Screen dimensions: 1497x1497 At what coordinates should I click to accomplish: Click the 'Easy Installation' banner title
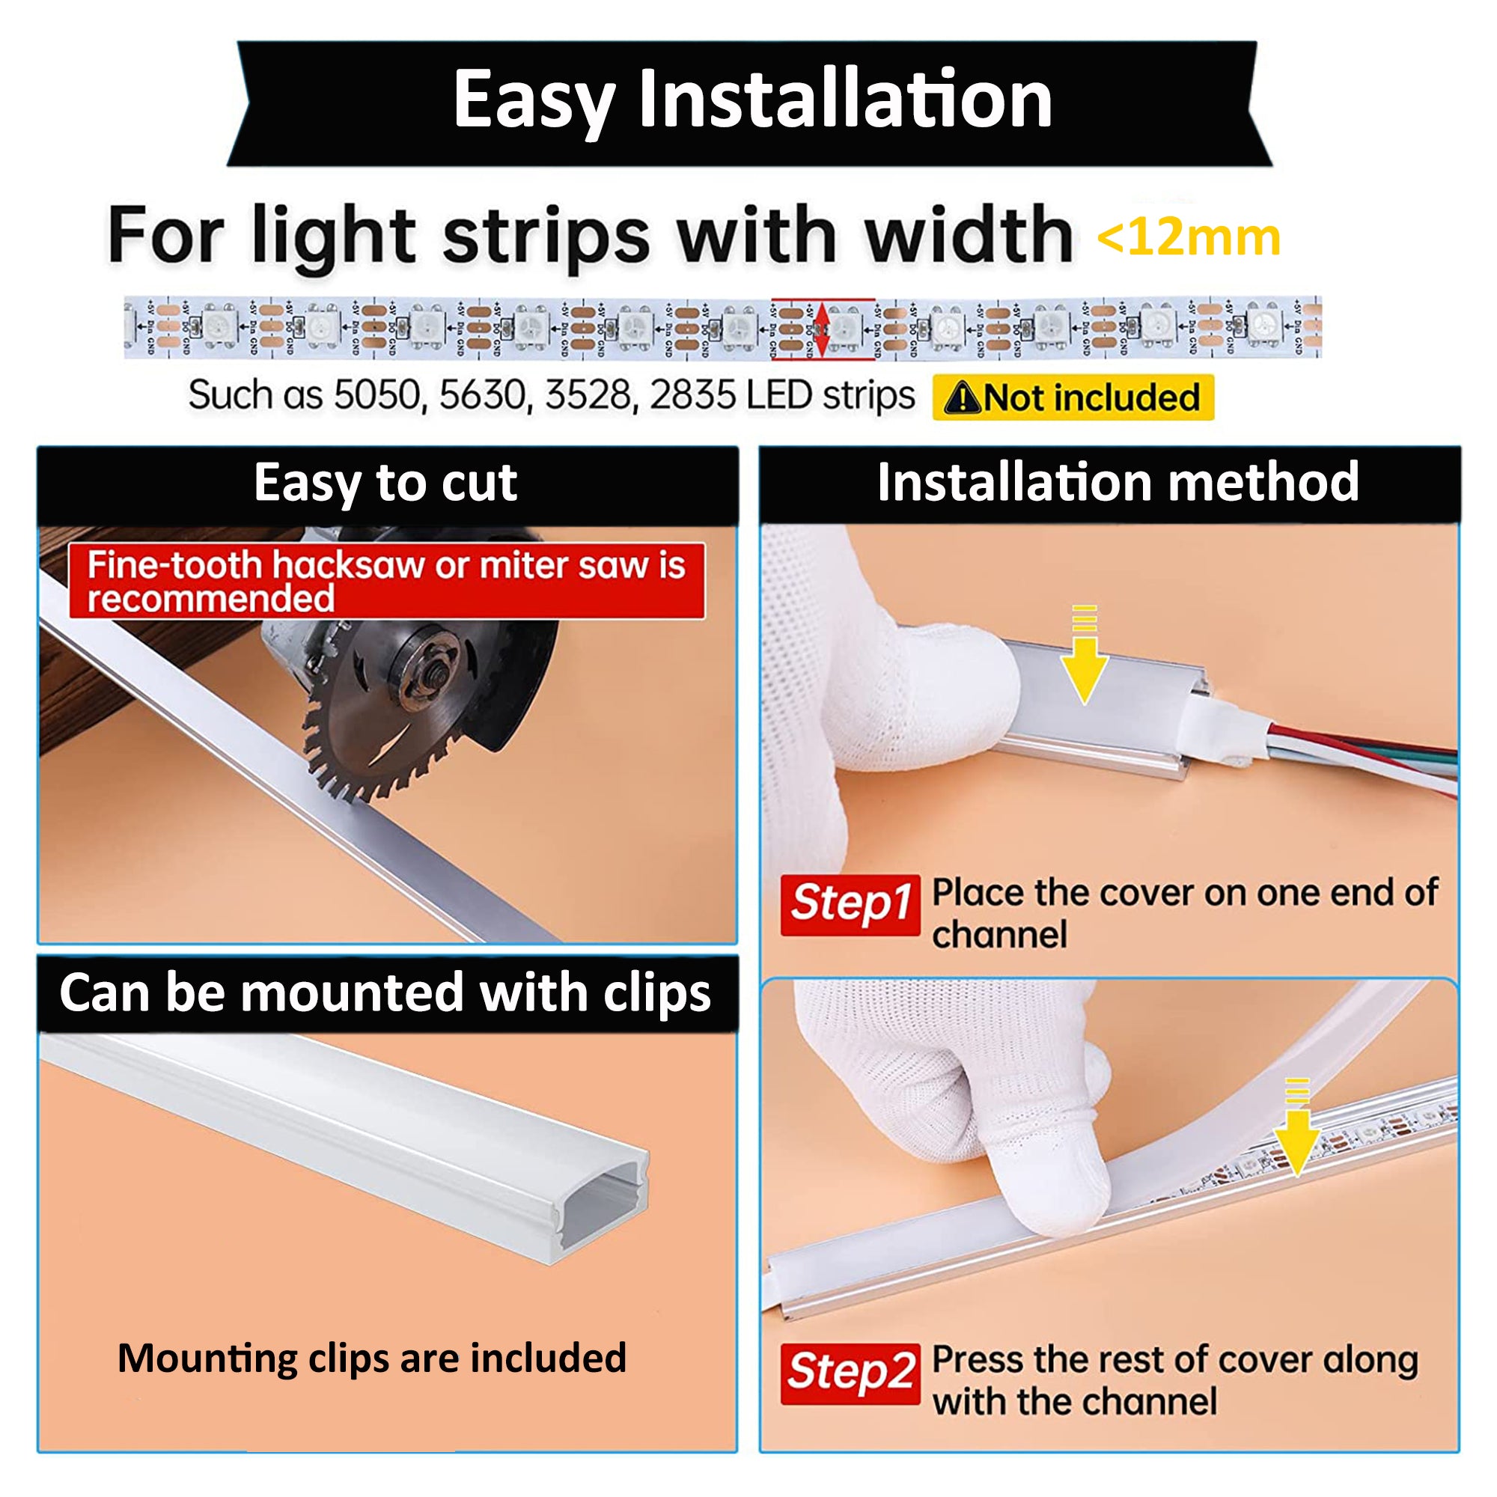tap(751, 101)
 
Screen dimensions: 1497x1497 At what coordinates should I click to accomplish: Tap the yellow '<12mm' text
tap(1189, 238)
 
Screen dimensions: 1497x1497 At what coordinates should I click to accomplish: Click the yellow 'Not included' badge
tap(1073, 398)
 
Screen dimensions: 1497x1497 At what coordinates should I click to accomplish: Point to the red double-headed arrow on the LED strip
tap(823, 329)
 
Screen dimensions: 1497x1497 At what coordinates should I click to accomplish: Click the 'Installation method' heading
tap(1118, 484)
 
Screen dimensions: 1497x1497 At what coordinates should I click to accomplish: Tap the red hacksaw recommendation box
tap(386, 581)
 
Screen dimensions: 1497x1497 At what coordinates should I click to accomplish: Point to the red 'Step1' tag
tap(850, 903)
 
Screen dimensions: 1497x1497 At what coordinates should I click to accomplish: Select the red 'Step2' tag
tap(850, 1373)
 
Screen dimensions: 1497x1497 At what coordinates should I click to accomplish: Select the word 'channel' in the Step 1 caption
tap(998, 934)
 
